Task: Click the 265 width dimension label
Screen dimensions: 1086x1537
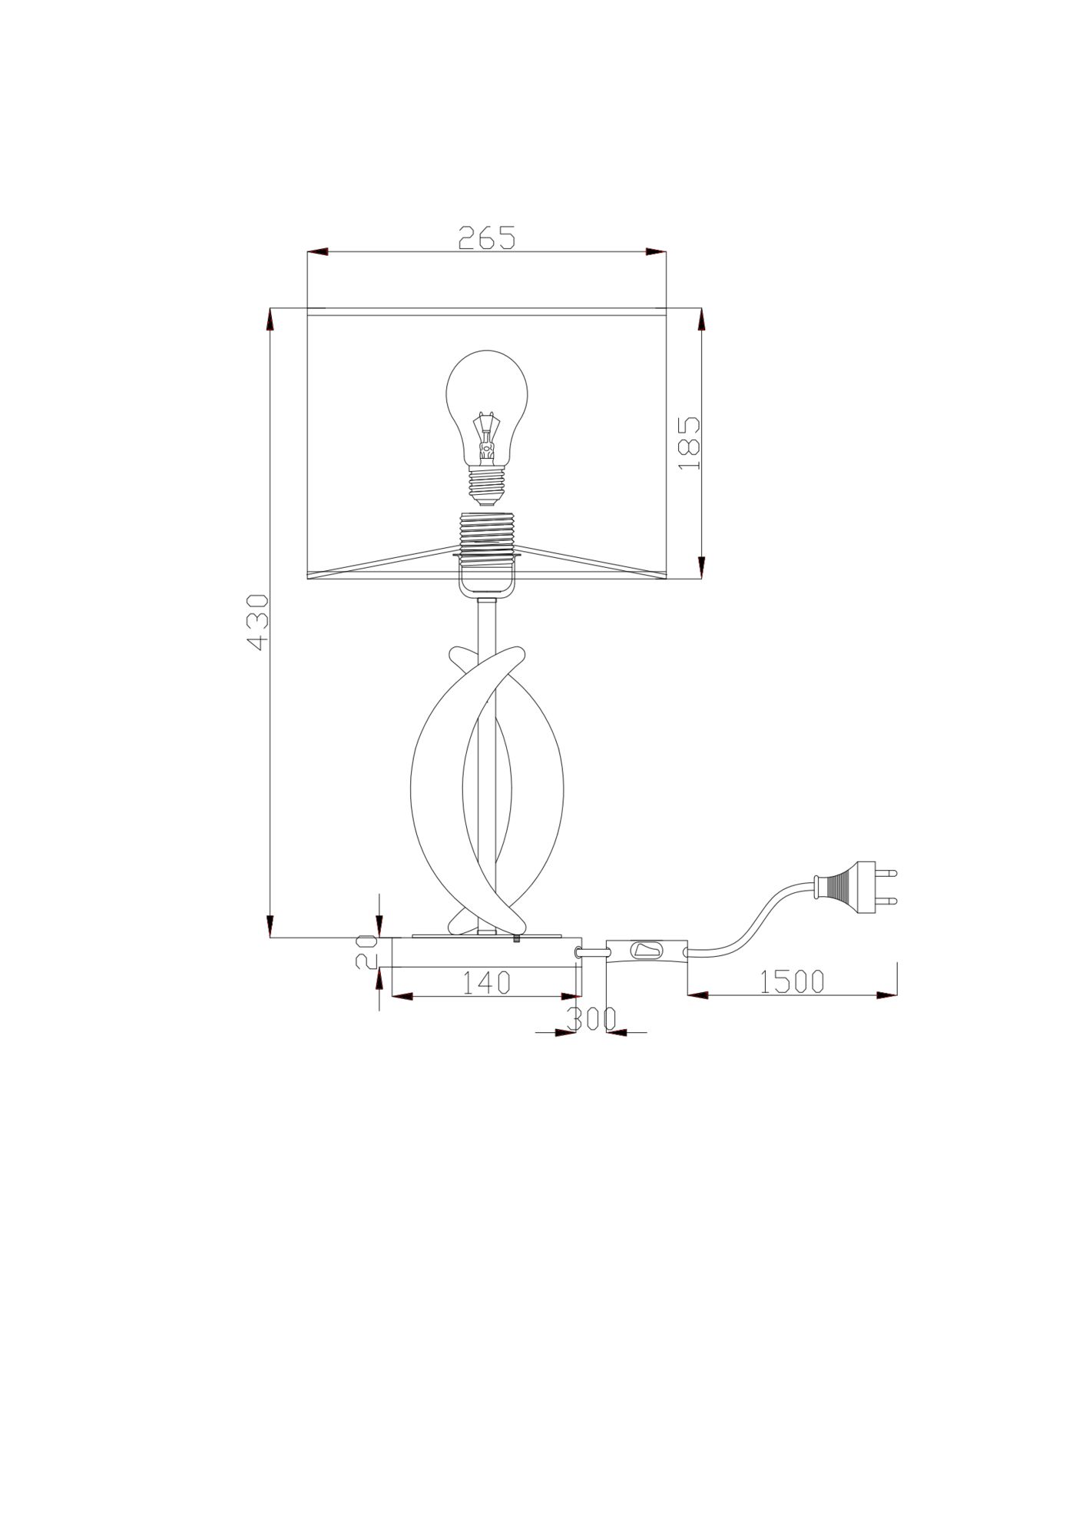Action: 487,237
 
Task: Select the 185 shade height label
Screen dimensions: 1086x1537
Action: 688,443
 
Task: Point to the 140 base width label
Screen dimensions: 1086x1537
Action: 486,982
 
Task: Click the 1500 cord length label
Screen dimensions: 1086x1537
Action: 792,981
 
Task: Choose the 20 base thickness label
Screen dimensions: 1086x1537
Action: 366,951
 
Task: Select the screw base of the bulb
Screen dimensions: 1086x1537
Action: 487,488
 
